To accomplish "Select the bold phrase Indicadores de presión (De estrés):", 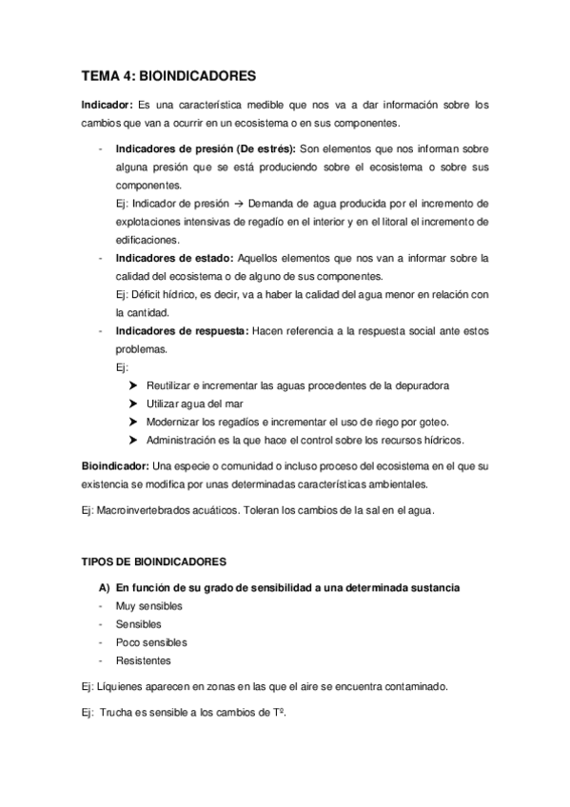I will [x=206, y=149].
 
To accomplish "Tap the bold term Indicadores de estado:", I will [x=173, y=259].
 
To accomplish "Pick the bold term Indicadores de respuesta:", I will [x=181, y=331].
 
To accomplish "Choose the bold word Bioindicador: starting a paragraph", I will [x=113, y=466].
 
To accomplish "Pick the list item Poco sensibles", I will [x=150, y=643].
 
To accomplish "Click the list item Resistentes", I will [x=144, y=661].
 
